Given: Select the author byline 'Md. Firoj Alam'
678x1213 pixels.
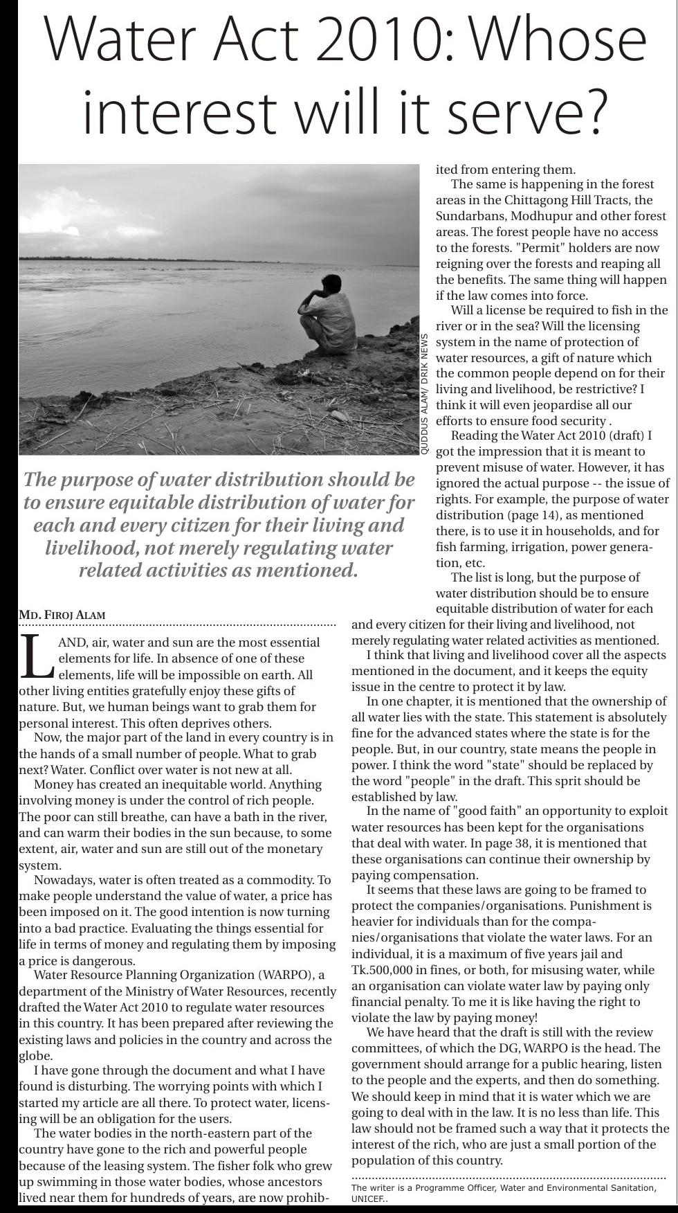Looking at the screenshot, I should tap(62, 615).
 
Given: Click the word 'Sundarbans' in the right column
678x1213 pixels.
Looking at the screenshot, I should tap(470, 216).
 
